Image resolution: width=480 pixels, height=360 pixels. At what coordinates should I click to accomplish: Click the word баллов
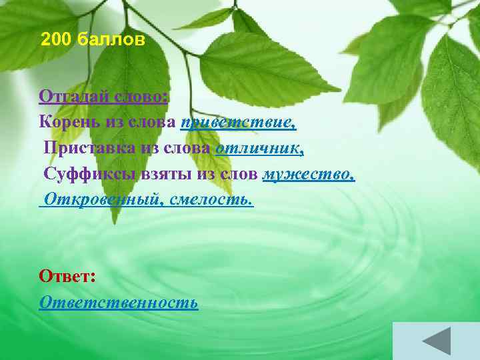110,40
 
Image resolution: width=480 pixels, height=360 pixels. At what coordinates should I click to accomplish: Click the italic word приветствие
237,122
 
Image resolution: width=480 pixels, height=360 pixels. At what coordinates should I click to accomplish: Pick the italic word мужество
308,174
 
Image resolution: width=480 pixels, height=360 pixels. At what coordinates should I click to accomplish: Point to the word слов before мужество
241,174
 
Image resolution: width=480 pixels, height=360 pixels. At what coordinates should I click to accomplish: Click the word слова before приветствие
152,122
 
